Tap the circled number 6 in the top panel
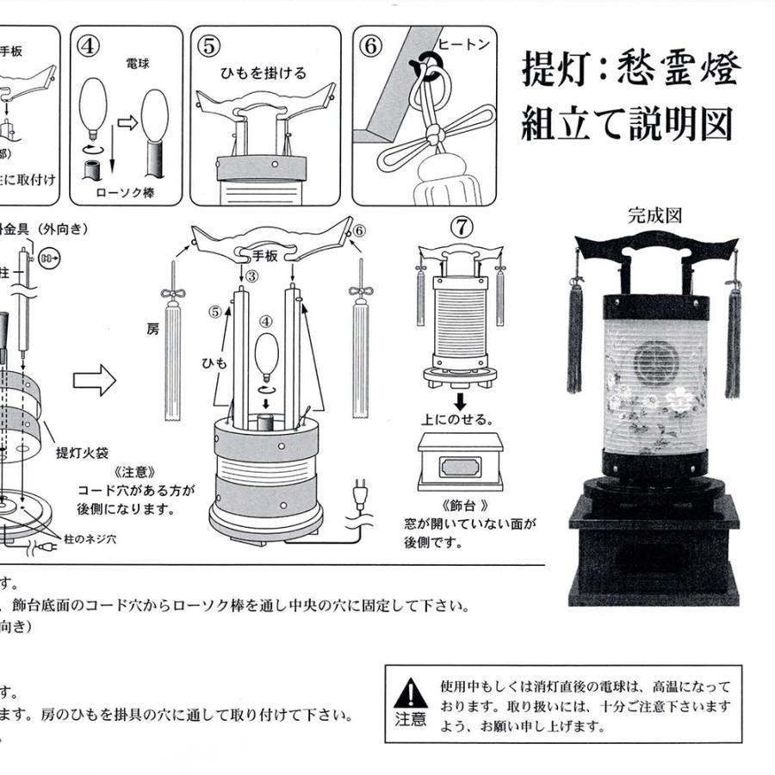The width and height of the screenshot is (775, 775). pyautogui.click(x=370, y=46)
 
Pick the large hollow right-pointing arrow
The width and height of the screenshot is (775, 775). pyautogui.click(x=95, y=380)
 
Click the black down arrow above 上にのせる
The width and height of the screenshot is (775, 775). pyautogui.click(x=462, y=402)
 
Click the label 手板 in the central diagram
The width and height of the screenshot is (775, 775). pyautogui.click(x=263, y=255)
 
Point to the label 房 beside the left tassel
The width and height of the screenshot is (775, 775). pyautogui.click(x=152, y=328)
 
